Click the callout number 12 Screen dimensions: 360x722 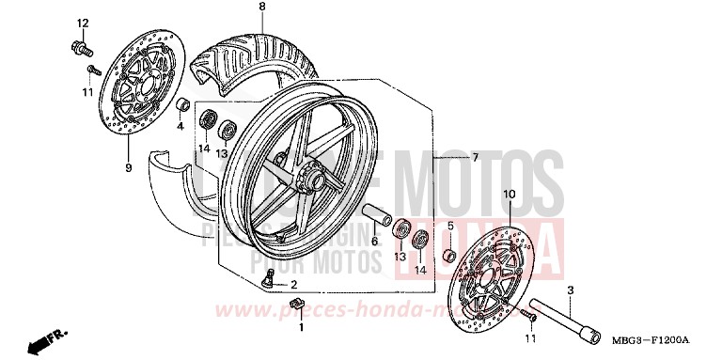coord(82,23)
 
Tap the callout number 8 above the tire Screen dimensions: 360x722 coord(236,8)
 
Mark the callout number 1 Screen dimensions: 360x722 coord(302,328)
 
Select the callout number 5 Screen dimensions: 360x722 coord(449,226)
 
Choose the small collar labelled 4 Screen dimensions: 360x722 coord(185,102)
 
